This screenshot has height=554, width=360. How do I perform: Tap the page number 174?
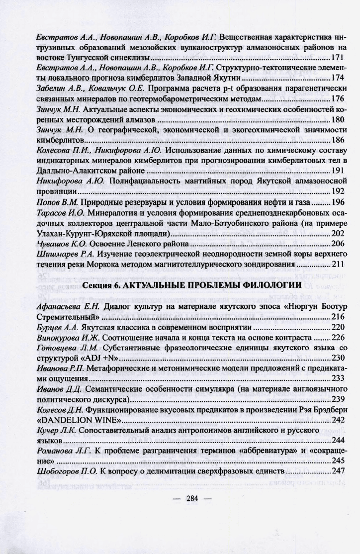pyautogui.click(x=338, y=78)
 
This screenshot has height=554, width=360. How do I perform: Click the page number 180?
pyautogui.click(x=338, y=119)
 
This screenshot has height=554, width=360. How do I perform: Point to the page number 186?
pyautogui.click(x=338, y=140)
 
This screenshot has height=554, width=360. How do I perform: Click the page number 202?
pyautogui.click(x=338, y=233)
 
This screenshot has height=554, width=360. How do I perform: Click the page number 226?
pyautogui.click(x=338, y=337)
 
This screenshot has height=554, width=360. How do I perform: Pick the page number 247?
pyautogui.click(x=338, y=470)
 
